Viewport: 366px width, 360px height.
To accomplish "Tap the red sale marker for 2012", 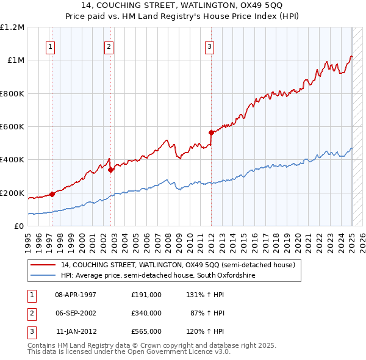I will (211, 132).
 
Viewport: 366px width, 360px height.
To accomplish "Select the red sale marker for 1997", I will (52, 194).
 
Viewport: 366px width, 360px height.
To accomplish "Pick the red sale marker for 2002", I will (110, 170).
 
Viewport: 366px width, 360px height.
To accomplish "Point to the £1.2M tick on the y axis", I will (12, 27).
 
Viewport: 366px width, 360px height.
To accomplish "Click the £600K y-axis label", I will (12, 126).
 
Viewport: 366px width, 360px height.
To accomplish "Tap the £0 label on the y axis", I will (18, 226).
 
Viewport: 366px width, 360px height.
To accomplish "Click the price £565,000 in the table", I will (146, 331).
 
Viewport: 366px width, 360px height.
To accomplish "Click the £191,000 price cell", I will (146, 295).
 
